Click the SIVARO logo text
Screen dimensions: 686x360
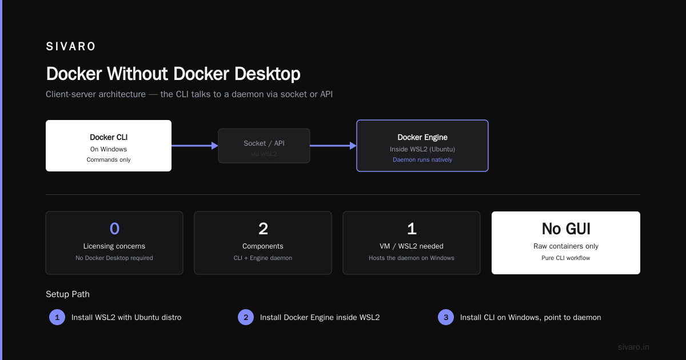coord(70,46)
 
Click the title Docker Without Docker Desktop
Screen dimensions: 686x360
coord(173,74)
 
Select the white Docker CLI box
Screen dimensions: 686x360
coord(109,146)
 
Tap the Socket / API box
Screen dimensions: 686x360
coord(264,146)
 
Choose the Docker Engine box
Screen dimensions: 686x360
coord(422,146)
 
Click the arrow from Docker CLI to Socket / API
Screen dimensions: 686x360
coord(195,146)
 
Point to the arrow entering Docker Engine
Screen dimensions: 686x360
coord(333,146)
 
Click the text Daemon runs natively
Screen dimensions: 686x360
coord(422,160)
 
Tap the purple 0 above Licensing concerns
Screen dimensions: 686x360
coord(114,229)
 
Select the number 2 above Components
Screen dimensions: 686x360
coord(263,229)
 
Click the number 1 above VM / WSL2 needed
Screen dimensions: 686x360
coord(412,229)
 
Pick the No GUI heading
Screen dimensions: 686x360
coord(566,229)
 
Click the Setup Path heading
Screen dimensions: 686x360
coord(67,294)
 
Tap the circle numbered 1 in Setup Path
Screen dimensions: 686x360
coord(57,317)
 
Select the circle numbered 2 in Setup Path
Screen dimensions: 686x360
coord(246,317)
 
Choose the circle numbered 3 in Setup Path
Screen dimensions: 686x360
coord(446,317)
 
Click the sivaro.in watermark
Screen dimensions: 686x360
coord(633,347)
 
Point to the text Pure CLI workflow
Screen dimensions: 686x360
coord(566,258)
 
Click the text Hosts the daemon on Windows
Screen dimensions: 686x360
coord(412,258)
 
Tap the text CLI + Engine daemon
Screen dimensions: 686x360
coord(263,258)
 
